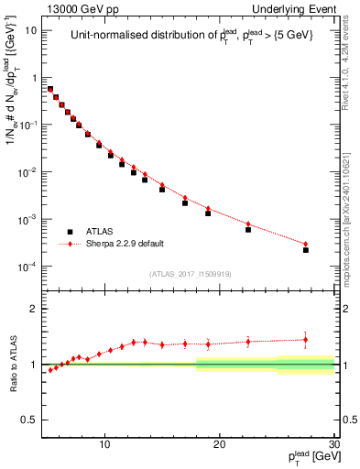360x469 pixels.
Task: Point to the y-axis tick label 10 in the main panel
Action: click(31, 30)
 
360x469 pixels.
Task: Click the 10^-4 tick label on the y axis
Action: click(28, 267)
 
